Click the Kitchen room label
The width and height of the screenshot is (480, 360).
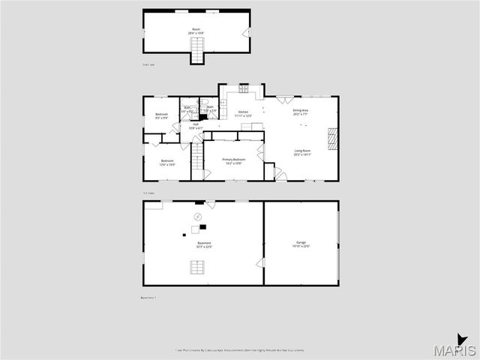[242, 113]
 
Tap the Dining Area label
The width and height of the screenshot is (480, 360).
[300, 113]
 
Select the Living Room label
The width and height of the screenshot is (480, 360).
[302, 154]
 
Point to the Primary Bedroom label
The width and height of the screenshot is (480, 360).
[233, 161]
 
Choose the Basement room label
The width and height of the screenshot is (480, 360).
[204, 244]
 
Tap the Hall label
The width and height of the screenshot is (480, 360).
[195, 126]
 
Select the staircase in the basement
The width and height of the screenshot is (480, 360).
[197, 267]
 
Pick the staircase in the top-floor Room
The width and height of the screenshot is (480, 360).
[197, 51]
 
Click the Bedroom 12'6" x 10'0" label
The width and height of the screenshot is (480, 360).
[166, 163]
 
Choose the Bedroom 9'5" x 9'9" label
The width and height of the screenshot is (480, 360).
[161, 116]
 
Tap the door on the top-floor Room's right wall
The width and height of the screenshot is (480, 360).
[248, 33]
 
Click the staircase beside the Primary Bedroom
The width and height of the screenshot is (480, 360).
[196, 156]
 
